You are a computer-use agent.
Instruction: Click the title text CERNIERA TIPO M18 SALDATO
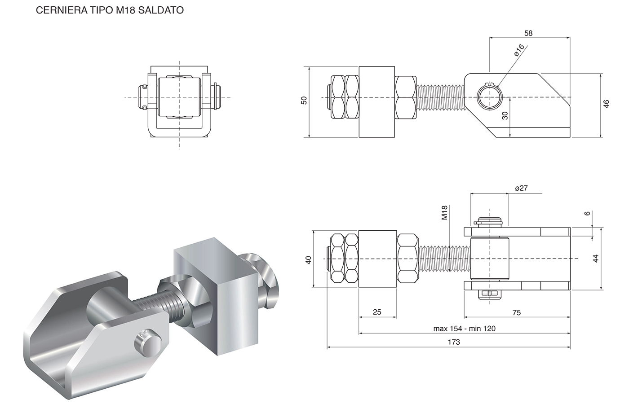coord(110,10)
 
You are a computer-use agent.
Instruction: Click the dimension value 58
coord(528,33)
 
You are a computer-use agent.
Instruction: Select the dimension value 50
coord(304,101)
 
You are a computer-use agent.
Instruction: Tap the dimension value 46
coord(607,104)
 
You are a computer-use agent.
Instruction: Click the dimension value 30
coord(505,115)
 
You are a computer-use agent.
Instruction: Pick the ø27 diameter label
coord(521,189)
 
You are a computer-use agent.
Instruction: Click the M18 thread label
coord(444,212)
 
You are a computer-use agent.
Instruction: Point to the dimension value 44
coord(596,259)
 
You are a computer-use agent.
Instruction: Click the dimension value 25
coord(377,312)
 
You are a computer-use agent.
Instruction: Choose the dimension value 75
coord(517,313)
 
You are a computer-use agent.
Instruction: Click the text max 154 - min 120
coord(465,329)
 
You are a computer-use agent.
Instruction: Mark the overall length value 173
coord(454,342)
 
